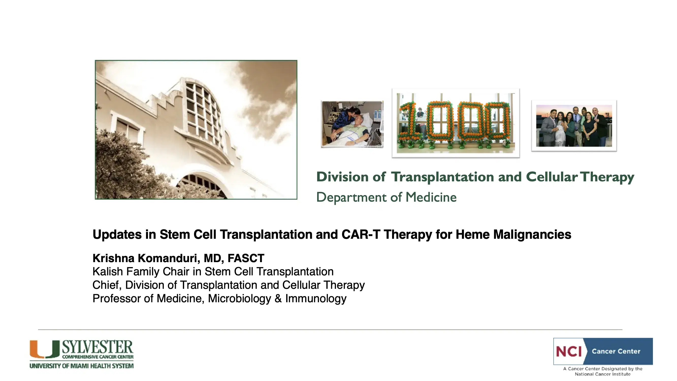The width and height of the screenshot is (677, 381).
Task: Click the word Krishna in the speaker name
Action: (114, 259)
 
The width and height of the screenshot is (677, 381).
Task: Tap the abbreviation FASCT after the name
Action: (246, 259)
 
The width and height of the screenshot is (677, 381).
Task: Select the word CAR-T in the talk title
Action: (361, 234)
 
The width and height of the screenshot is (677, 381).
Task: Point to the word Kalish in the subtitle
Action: (107, 272)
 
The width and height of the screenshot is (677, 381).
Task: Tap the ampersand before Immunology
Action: (278, 298)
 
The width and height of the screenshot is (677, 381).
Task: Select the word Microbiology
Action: (239, 299)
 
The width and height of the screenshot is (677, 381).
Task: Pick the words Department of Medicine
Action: (386, 197)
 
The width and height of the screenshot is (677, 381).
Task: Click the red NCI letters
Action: (569, 351)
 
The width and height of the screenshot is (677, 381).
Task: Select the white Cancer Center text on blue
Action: (616, 351)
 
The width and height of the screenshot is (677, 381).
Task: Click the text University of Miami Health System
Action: (82, 366)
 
